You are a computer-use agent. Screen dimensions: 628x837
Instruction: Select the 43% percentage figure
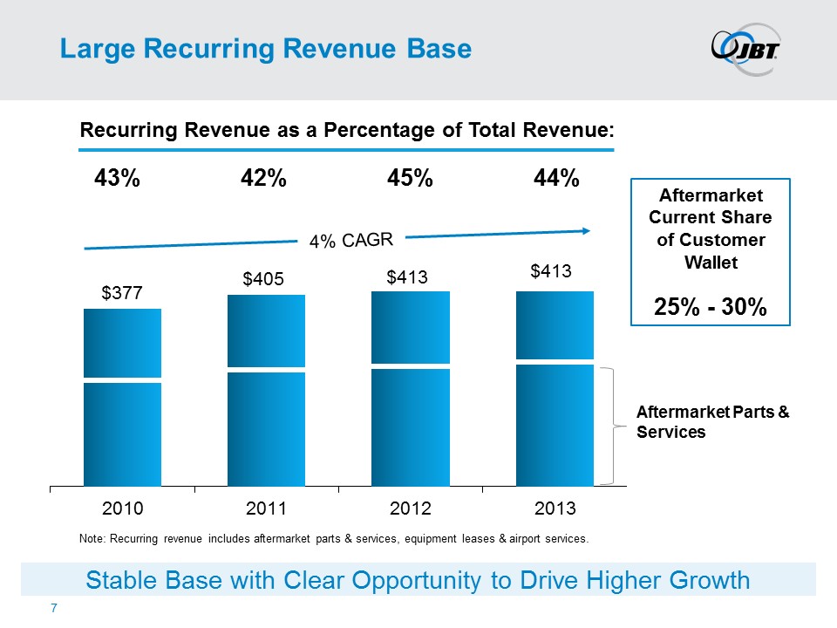117,178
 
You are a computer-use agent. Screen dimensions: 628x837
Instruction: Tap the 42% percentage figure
263,178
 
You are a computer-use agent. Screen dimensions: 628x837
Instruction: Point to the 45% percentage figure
410,178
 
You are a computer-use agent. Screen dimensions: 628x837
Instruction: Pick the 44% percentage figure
556,178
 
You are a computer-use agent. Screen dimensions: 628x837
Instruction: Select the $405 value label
264,279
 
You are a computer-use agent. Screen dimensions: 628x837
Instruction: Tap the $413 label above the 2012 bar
408,276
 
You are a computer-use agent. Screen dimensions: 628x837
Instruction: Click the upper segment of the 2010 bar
122,343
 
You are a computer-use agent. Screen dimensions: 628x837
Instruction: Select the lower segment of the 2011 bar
266,428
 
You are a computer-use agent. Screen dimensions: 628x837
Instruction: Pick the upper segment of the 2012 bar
411,326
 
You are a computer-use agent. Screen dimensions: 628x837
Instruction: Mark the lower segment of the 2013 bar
555,425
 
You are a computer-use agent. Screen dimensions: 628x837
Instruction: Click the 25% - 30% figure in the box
710,307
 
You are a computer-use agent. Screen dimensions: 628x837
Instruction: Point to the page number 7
54,607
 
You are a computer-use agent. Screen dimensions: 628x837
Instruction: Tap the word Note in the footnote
90,539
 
